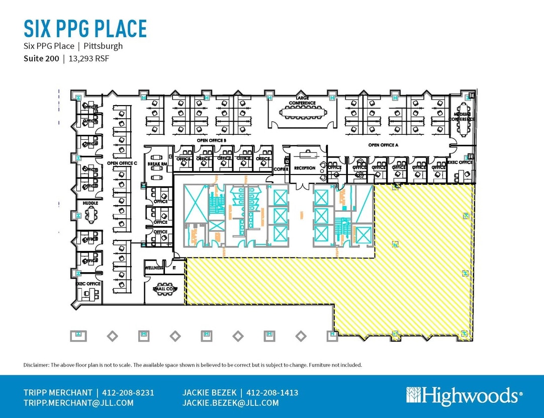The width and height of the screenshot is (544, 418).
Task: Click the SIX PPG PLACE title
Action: pyautogui.click(x=85, y=29)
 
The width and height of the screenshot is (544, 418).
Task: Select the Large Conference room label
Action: pyautogui.click(x=302, y=100)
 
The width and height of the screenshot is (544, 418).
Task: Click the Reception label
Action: pyautogui.click(x=305, y=168)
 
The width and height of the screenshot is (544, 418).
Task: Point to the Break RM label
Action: pyautogui.click(x=157, y=164)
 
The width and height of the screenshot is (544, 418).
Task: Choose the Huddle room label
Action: pyautogui.click(x=90, y=203)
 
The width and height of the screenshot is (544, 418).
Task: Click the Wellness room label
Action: pyautogui.click(x=154, y=268)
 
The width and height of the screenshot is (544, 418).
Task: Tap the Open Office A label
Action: pyautogui.click(x=383, y=145)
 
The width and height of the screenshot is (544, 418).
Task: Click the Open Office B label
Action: pyautogui.click(x=211, y=140)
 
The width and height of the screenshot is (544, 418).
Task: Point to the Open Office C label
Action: pyautogui.click(x=122, y=163)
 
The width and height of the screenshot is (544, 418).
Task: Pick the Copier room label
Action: pyautogui.click(x=281, y=169)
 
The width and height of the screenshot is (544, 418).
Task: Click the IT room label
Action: pyautogui.click(x=174, y=268)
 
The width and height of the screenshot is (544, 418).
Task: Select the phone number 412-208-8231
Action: pyautogui.click(x=128, y=392)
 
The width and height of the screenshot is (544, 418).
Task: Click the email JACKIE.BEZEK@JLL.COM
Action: pyautogui.click(x=231, y=403)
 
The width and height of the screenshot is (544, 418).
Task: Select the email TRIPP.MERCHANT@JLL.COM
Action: pyautogui.click(x=78, y=403)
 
